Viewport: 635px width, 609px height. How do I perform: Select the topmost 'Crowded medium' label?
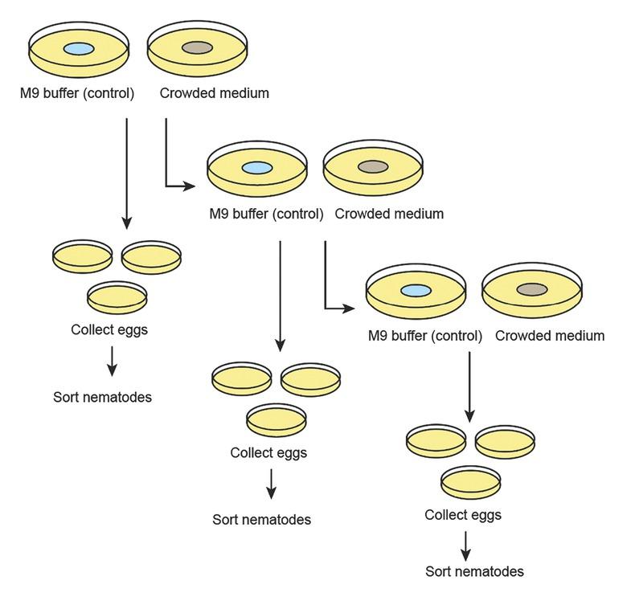214,93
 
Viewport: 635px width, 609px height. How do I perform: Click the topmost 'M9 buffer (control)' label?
77,93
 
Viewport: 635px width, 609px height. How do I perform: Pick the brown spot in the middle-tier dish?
372,167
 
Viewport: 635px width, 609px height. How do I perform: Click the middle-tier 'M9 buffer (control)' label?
266,214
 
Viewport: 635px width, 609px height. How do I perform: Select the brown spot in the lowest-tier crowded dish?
531,289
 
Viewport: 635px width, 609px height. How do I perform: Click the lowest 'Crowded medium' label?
549,335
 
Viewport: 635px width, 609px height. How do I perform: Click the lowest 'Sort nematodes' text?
474,571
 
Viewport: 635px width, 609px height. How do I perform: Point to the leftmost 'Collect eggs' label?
109,329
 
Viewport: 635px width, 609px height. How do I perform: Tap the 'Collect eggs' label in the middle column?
268,452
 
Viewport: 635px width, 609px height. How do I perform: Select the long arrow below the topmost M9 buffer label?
126,173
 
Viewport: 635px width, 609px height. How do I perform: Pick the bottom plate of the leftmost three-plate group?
117,297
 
